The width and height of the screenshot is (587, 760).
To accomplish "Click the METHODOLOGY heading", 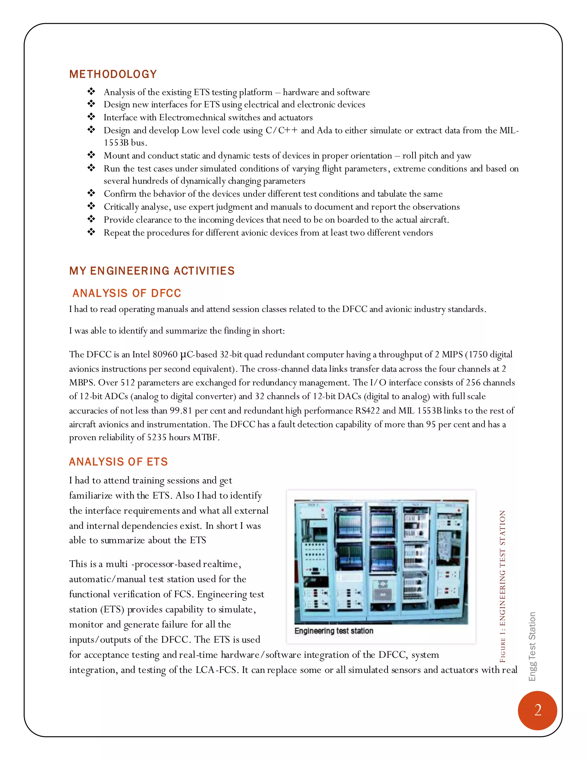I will click(x=113, y=74).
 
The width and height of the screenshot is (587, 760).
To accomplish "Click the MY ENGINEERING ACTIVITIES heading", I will click(x=152, y=271).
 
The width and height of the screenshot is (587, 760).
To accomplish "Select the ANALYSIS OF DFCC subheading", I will click(x=127, y=293).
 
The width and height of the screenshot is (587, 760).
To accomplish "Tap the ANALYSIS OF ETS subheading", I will click(x=118, y=462).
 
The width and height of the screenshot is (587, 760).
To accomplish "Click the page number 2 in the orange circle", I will click(x=538, y=710).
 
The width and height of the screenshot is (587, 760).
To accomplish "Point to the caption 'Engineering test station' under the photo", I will click(x=334, y=631).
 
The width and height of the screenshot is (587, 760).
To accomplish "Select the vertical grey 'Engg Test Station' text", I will click(x=532, y=646).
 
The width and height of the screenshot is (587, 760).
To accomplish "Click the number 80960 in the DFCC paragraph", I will click(x=165, y=354).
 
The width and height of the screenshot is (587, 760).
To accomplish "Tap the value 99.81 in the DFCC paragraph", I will click(x=181, y=411).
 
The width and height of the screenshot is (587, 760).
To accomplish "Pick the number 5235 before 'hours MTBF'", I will click(x=156, y=437).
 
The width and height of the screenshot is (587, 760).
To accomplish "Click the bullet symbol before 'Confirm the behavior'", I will click(x=91, y=193).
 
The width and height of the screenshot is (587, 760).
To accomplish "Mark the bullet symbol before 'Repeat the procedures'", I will click(x=91, y=232).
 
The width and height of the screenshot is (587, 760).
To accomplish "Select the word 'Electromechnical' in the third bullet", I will click(x=197, y=118).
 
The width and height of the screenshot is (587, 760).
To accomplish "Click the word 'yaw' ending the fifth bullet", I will click(x=463, y=156).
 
